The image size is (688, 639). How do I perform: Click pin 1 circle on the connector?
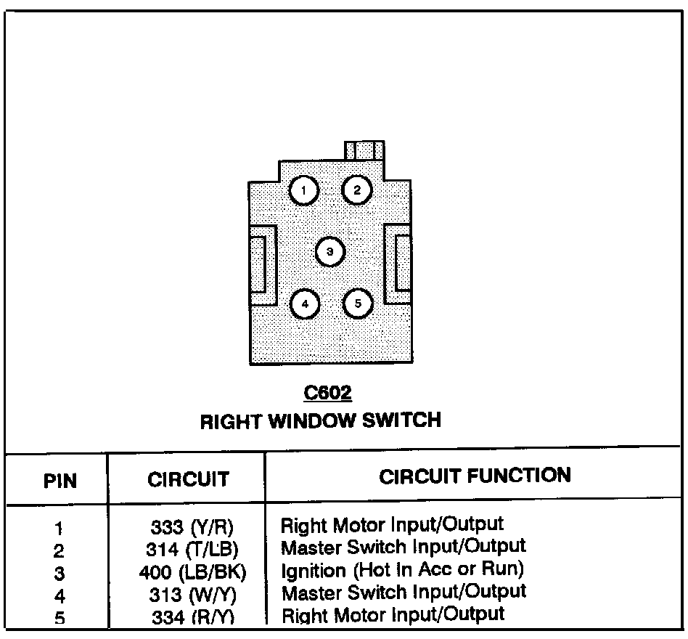point(305,190)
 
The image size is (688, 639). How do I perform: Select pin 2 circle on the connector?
point(357,190)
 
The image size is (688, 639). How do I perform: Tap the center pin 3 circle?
point(330,252)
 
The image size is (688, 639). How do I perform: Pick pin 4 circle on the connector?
point(305,304)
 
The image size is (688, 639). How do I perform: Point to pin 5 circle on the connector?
point(357,304)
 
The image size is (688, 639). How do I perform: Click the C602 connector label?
point(327,394)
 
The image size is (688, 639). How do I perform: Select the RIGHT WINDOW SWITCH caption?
point(320,420)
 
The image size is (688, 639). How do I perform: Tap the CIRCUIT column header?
point(188,479)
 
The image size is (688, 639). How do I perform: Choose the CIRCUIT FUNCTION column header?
point(475,476)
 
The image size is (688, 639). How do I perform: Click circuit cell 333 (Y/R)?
point(192,526)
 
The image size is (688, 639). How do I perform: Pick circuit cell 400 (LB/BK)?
point(192,571)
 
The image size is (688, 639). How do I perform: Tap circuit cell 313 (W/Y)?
point(192,595)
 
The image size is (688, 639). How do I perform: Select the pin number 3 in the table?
point(60,573)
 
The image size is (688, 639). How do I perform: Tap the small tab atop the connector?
point(364,150)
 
